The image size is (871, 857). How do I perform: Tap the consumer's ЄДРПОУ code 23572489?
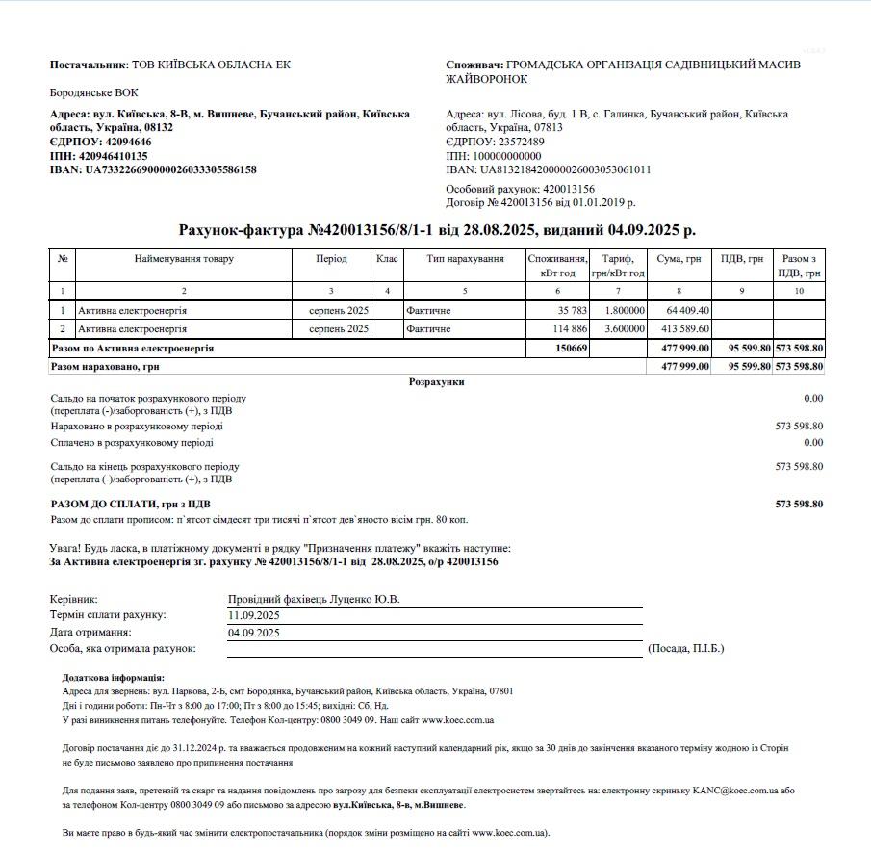(x=513, y=142)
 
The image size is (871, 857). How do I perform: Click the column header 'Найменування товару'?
(x=184, y=259)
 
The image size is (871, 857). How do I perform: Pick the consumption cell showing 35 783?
(x=571, y=311)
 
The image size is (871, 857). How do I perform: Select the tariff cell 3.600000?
(x=625, y=329)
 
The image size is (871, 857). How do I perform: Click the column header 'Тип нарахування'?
(x=465, y=259)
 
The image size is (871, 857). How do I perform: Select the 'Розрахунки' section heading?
(x=436, y=382)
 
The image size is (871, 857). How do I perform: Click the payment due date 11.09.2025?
(x=254, y=615)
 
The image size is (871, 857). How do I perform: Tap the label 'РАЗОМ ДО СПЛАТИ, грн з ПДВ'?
(x=131, y=504)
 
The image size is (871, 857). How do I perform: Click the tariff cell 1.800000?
(x=625, y=311)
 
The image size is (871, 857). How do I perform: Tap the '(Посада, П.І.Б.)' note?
(x=686, y=649)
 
